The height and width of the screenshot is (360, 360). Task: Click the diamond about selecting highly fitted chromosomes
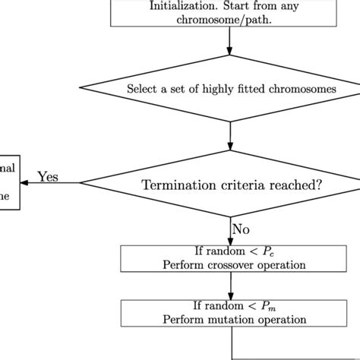[229, 89]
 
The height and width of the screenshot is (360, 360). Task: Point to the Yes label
[49, 176]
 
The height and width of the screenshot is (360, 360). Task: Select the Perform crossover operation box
[229, 258]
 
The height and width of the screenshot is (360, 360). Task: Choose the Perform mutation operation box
[229, 312]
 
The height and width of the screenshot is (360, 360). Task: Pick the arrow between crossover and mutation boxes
[229, 286]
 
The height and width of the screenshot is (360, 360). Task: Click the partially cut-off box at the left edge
[8, 182]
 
